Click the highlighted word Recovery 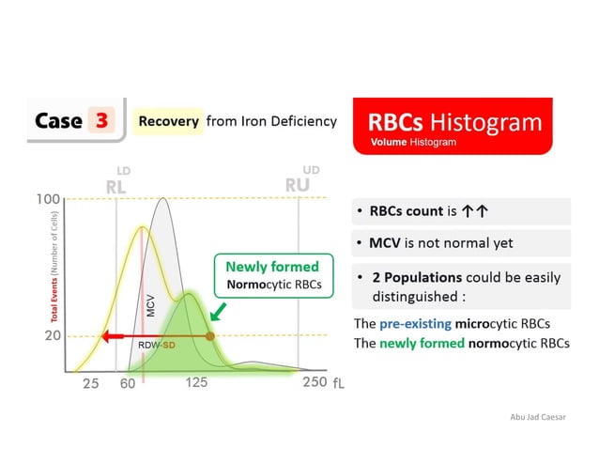point(169,121)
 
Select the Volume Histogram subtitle point(413,143)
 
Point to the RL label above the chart point(115,186)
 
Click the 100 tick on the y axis point(49,199)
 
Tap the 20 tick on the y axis point(53,335)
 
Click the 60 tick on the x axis point(129,383)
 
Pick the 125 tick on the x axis point(196,382)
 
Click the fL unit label point(339,384)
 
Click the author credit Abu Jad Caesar point(535,416)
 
